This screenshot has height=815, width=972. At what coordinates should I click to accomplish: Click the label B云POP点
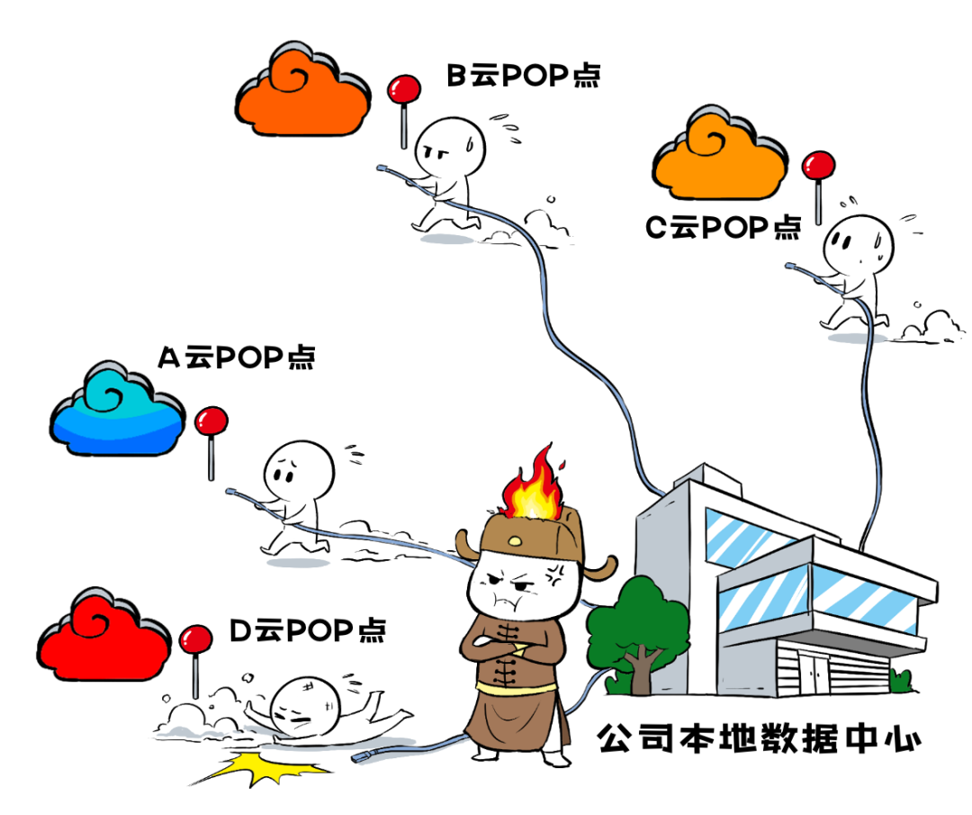coord(524,76)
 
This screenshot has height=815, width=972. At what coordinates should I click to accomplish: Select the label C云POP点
coord(723,227)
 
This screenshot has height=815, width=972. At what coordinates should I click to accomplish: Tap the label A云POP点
coord(236,358)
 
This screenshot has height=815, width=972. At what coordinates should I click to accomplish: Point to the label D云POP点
coord(308,630)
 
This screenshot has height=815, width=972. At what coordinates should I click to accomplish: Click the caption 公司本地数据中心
coord(760,738)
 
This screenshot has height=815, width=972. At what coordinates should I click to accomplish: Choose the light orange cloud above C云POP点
coord(720,154)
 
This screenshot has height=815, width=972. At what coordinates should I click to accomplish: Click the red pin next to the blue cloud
coord(211,434)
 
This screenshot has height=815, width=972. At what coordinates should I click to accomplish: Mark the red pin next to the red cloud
coord(196,651)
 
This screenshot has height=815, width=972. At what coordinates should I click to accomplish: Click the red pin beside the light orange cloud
coord(818,180)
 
